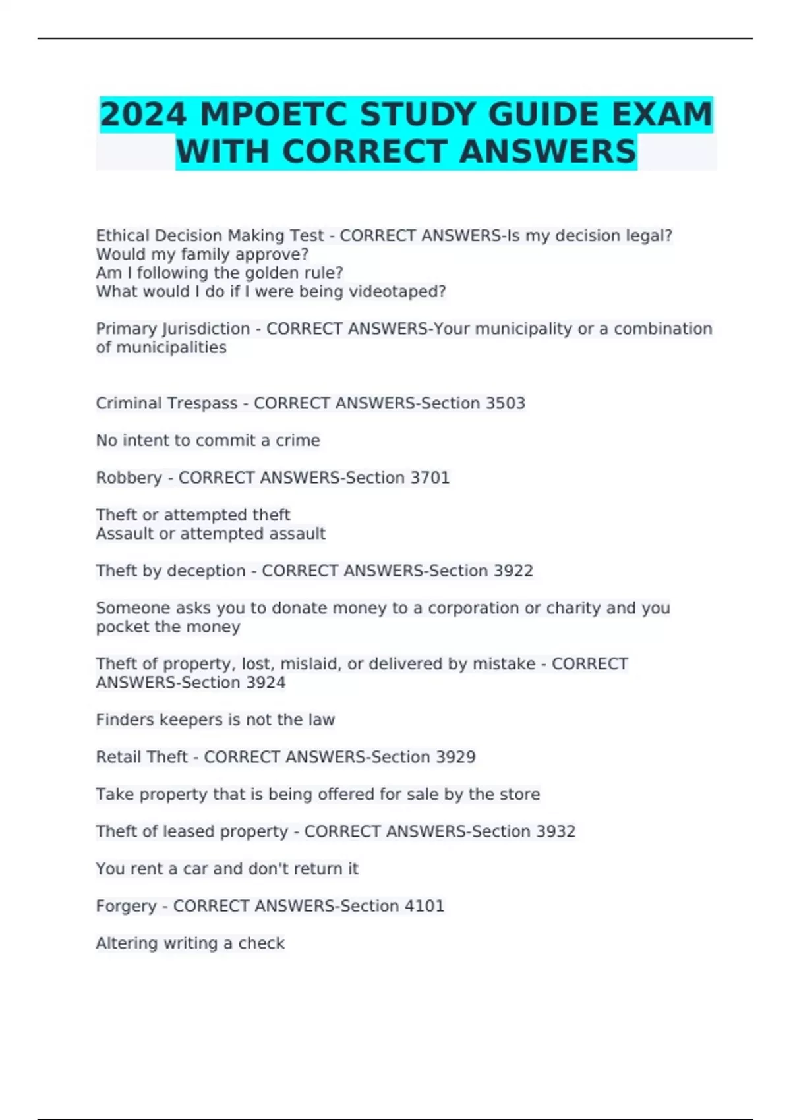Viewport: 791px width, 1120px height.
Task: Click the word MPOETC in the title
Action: click(273, 115)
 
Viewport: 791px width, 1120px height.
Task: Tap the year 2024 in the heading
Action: click(143, 115)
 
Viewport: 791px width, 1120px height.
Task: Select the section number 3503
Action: click(505, 403)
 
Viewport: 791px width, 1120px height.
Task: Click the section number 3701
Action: click(430, 478)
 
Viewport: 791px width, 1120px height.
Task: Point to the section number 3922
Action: click(513, 571)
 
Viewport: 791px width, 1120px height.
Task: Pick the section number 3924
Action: click(266, 683)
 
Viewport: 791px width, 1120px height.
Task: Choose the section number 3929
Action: click(455, 757)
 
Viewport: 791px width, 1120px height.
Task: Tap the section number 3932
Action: click(556, 831)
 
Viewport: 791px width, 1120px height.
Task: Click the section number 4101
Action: click(425, 906)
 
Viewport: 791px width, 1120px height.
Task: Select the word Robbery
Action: click(129, 478)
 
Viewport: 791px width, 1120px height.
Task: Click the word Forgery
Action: click(126, 907)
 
